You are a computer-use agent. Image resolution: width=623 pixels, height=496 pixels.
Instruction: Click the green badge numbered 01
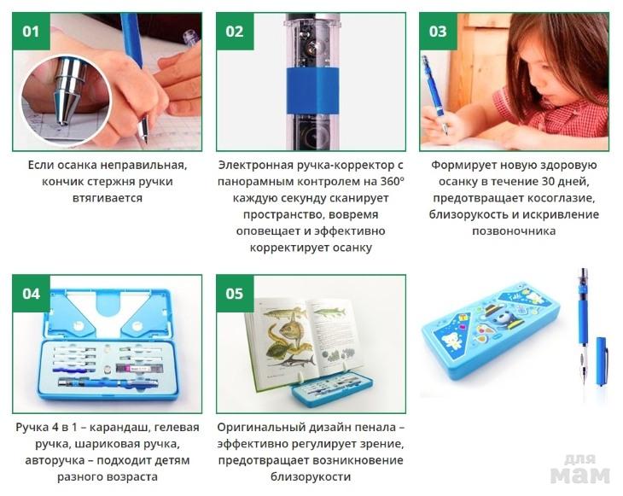32,32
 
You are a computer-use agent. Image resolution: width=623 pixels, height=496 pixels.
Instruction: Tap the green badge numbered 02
235,32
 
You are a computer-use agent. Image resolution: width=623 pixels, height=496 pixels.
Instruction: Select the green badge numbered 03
439,32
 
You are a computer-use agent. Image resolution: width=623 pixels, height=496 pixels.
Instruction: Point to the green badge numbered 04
32,294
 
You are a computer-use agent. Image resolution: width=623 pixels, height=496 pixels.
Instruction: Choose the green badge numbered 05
235,294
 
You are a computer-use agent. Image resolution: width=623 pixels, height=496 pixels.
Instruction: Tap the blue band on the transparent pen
312,90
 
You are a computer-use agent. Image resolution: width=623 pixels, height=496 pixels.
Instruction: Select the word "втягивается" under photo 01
108,198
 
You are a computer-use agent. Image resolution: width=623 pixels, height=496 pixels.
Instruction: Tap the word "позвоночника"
514,230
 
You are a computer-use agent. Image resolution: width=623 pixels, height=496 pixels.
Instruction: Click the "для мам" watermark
580,469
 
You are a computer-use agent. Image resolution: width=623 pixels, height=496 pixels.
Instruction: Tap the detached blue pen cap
601,361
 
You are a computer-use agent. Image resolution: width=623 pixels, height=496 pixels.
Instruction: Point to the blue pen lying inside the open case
108,382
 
